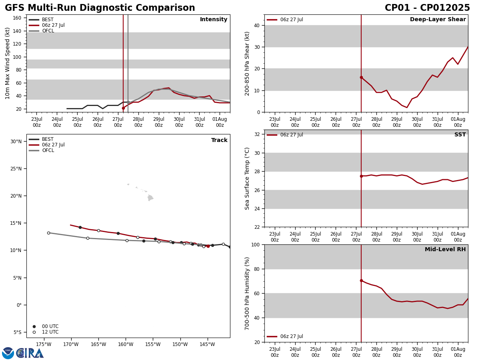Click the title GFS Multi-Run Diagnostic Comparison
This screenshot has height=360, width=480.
[x=100, y=8]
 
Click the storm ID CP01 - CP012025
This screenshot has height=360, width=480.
[x=427, y=8]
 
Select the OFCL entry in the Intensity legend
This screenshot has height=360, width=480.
[x=48, y=31]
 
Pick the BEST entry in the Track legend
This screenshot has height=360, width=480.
[x=48, y=139]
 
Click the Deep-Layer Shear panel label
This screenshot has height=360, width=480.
[x=438, y=20]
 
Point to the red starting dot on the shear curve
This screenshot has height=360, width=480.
[x=361, y=77]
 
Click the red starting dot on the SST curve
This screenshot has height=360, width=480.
[x=361, y=176]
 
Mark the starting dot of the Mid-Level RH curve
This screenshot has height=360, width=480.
[x=361, y=280]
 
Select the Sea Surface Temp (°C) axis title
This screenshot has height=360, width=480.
[x=248, y=178]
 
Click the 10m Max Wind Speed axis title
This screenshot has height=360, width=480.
[x=8, y=63]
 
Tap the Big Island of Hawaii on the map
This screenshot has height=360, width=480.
[x=150, y=198]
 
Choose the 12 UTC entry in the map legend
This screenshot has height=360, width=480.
[x=50, y=332]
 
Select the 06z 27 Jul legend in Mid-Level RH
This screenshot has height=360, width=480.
[x=291, y=336]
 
